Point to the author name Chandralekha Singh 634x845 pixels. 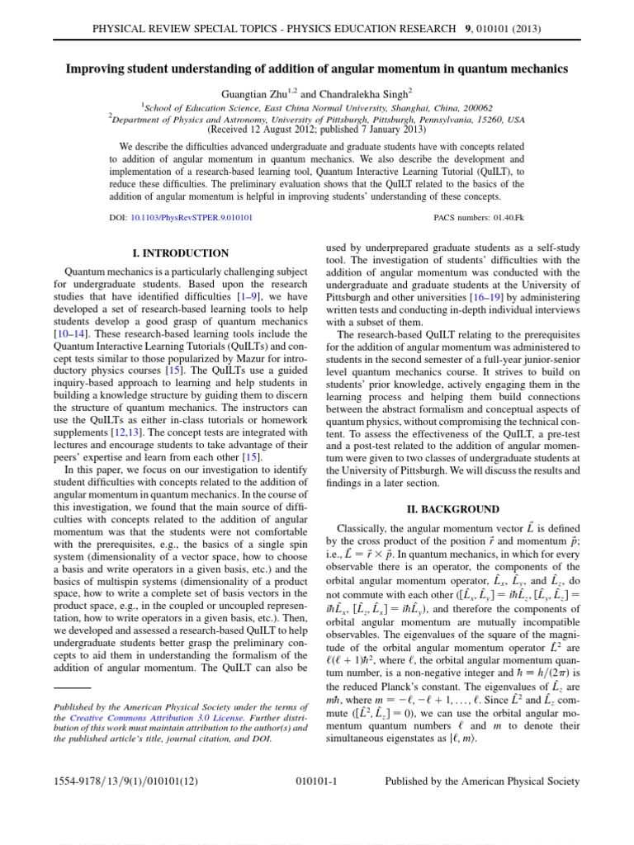(x=350, y=94)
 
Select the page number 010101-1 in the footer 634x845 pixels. (x=317, y=781)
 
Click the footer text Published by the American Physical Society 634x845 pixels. (x=483, y=781)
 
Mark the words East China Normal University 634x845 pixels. (x=310, y=107)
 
